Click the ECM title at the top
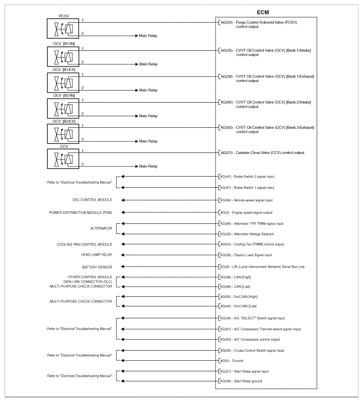[264, 12]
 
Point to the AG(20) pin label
[226, 23]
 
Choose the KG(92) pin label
[226, 127]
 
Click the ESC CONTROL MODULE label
[92, 200]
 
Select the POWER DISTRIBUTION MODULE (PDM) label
[81, 212]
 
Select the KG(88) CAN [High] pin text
[239, 277]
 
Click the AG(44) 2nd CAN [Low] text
[239, 306]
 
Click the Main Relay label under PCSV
[149, 37]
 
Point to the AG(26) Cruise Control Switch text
[252, 350]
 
